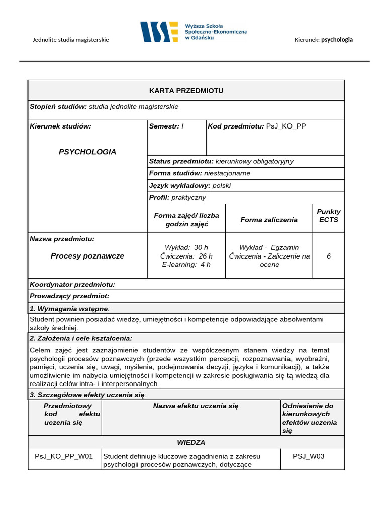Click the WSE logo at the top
159,32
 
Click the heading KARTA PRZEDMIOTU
186,90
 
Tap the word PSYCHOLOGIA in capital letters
87,152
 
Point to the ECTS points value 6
329,256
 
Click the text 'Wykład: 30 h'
186,247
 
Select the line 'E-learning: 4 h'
186,265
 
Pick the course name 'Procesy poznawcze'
87,256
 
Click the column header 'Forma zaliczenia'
269,220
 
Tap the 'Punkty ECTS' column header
329,216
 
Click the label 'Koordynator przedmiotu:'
72,284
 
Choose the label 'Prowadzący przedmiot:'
69,296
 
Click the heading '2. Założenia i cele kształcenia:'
81,338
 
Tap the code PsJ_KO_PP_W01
64,456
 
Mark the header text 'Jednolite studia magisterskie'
71,40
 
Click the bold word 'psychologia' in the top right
337,40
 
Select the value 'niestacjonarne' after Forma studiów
227,173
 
